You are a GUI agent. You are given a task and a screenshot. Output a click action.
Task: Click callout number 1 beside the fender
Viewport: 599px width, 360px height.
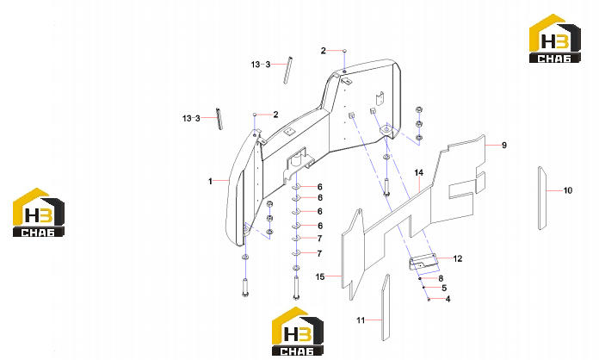point(210,181)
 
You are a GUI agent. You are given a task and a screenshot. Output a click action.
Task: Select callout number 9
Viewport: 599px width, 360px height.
point(504,146)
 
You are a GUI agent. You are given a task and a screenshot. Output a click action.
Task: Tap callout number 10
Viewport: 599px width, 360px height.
point(568,190)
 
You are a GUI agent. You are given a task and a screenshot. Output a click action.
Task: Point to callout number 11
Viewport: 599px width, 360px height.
point(361,320)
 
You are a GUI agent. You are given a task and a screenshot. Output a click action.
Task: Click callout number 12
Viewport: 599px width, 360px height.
point(458,258)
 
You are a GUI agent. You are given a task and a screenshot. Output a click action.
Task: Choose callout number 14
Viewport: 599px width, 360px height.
point(419,173)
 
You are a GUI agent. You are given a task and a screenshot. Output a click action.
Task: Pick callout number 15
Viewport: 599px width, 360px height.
point(320,276)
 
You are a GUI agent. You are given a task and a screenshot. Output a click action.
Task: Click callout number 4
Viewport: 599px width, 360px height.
point(448,299)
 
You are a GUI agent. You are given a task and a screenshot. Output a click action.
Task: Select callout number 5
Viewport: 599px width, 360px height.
point(444,289)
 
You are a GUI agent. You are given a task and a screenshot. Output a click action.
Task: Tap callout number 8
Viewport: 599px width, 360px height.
point(441,278)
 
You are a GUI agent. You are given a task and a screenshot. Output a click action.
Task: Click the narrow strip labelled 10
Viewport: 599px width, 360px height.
point(541,198)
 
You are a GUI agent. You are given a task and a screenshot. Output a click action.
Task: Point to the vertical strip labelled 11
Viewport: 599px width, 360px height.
point(386,307)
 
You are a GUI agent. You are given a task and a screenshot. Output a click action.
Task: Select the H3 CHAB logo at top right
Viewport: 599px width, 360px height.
point(555,38)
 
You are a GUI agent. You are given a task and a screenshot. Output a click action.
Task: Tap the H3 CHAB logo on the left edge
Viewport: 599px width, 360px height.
point(39,213)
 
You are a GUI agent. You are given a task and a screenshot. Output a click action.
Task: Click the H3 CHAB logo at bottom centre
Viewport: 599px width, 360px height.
point(298,332)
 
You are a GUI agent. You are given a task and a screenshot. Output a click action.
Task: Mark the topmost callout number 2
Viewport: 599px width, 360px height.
point(324,51)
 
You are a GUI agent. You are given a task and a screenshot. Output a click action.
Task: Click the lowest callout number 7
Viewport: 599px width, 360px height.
point(320,253)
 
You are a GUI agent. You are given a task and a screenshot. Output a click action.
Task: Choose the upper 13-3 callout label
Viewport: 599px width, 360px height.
point(261,65)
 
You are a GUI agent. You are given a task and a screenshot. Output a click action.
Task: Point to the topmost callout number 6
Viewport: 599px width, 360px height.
point(320,187)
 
